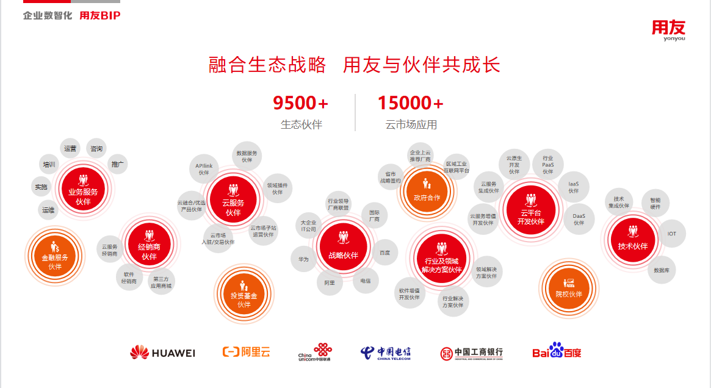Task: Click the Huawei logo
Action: [x=162, y=353]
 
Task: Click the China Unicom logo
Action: [x=315, y=352]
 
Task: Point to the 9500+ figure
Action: [x=300, y=103]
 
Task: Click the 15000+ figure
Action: [x=410, y=103]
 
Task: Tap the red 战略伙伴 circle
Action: [x=343, y=246]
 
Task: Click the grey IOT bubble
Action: [x=672, y=234]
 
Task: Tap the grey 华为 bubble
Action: [x=303, y=259]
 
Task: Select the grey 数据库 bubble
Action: [x=662, y=270]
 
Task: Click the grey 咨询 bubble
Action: [x=96, y=148]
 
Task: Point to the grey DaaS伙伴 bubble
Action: [x=579, y=219]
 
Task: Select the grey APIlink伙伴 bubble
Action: [x=204, y=169]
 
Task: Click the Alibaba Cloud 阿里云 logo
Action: [x=246, y=352]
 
